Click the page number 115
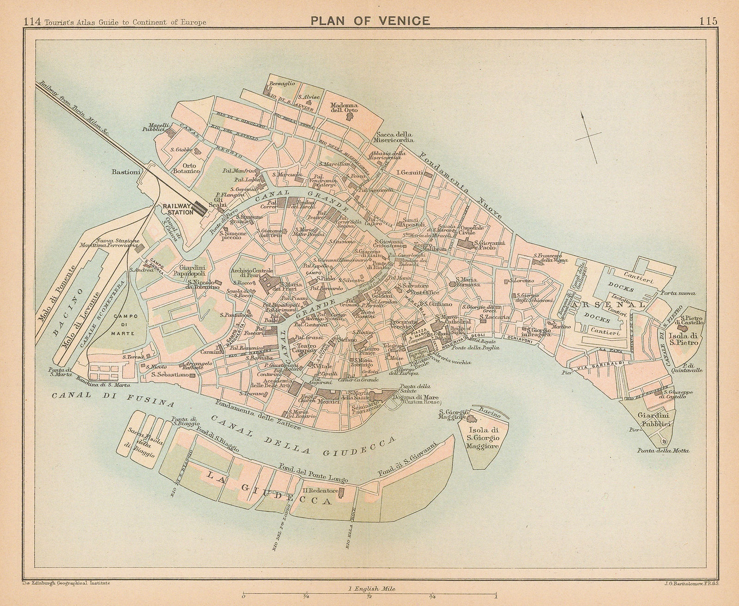708,8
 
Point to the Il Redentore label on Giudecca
321,490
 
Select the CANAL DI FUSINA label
114,399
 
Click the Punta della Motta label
663,451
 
